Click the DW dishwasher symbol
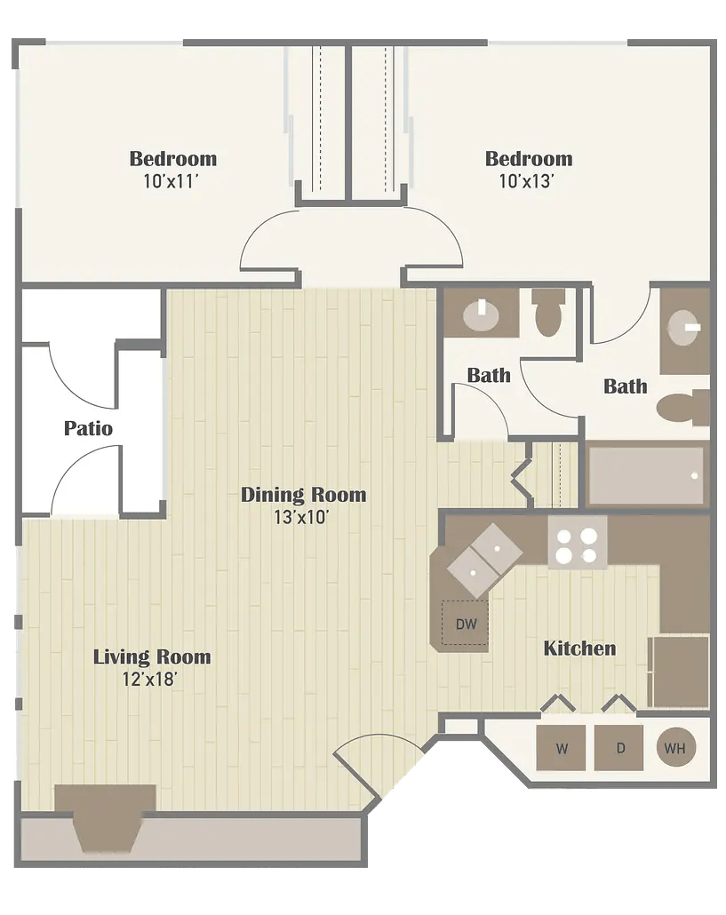pos(466,624)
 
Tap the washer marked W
pos(562,748)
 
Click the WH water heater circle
pos(675,748)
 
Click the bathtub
pos(646,476)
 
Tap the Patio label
pos(88,429)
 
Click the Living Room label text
pos(152,657)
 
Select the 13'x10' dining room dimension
pos(303,517)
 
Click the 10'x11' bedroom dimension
pos(172,181)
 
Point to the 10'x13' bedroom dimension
pos(528,181)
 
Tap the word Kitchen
pos(579,648)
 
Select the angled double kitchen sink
pos(483,560)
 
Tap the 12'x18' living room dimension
pos(152,680)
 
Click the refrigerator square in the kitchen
pos(679,671)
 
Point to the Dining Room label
pos(303,495)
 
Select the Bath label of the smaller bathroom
pos(489,375)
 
